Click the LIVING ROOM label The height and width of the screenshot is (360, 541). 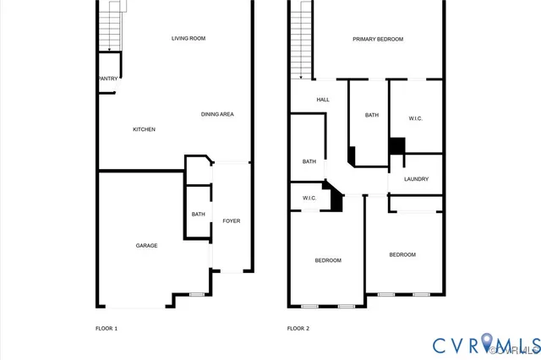coord(189,38)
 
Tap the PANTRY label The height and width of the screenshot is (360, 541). coord(107,79)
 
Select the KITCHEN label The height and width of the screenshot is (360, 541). coord(144,129)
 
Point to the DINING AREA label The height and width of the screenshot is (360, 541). coord(217,114)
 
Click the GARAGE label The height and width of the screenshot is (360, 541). coord(147,246)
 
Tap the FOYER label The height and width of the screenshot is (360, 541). coord(231,221)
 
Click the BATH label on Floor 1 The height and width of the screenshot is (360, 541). coord(198,215)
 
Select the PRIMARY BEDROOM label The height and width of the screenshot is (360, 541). coord(378,39)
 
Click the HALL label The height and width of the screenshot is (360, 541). coord(323,100)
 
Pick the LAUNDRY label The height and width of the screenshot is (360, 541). coord(416,179)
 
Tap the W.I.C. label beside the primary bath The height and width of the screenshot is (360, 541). coord(415,118)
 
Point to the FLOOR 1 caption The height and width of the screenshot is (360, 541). coord(106,328)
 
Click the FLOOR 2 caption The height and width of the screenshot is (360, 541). coord(298,328)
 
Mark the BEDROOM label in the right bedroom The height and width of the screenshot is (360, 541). coord(402,254)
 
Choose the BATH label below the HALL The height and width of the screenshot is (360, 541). coord(309,161)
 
